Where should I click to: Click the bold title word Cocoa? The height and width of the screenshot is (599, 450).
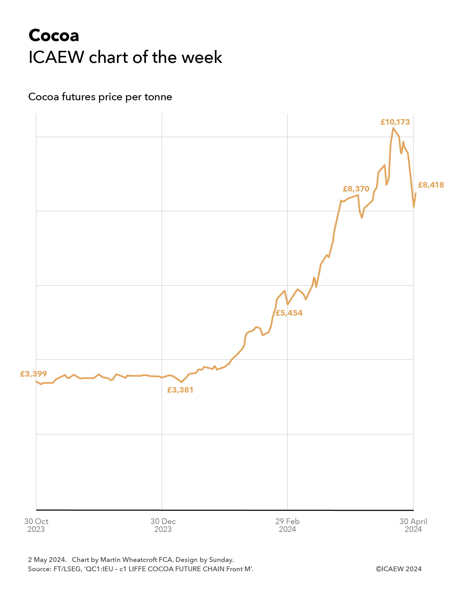tap(54, 36)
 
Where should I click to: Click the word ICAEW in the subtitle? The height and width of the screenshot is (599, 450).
tap(56, 57)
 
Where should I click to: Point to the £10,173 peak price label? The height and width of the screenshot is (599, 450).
tap(395, 122)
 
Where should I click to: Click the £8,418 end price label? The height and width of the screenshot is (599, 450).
tap(431, 185)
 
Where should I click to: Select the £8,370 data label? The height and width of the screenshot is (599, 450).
tap(356, 189)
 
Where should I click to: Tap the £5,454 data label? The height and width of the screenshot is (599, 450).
tap(289, 313)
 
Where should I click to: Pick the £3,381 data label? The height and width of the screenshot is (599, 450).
tap(180, 390)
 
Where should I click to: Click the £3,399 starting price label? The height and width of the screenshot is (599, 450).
tap(33, 374)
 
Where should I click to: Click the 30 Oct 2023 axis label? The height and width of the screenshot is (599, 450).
tap(36, 525)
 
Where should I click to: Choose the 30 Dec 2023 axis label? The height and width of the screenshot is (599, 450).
tap(163, 525)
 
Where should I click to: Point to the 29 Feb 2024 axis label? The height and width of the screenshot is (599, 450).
tap(287, 525)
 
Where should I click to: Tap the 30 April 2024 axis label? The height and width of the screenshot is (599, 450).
tap(413, 525)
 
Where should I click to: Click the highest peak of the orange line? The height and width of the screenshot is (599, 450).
tap(393, 128)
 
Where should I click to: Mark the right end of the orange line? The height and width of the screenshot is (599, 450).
tap(415, 193)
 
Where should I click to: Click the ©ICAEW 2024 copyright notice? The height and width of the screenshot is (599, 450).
tap(399, 569)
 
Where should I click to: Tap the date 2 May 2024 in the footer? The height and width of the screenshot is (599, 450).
tap(47, 559)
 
